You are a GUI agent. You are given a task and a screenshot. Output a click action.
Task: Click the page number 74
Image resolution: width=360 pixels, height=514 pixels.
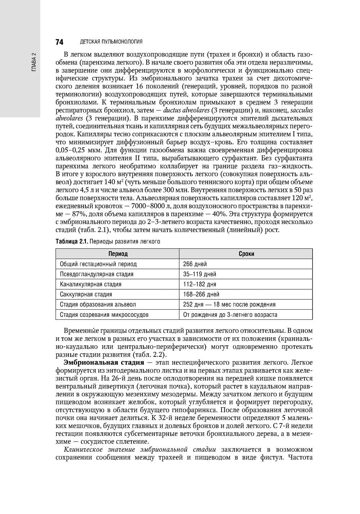pyautogui.click(x=59, y=42)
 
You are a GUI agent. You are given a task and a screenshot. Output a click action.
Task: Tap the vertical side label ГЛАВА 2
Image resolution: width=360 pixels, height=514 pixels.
pyautogui.click(x=33, y=62)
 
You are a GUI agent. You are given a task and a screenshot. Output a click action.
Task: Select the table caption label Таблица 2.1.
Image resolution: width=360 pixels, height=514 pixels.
pyautogui.click(x=71, y=242)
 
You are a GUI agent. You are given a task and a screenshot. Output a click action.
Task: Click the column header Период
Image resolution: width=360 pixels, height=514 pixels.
pyautogui.click(x=118, y=254)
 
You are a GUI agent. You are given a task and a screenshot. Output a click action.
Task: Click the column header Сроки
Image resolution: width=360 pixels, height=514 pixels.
pyautogui.click(x=246, y=254)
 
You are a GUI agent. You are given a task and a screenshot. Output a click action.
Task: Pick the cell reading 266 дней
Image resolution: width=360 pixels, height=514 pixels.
pyautogui.click(x=195, y=264)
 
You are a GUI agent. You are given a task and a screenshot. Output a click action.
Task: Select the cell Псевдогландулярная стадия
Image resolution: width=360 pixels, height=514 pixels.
pyautogui.click(x=96, y=274)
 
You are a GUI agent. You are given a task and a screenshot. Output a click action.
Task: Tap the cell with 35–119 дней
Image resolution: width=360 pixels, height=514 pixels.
pyautogui.click(x=199, y=274)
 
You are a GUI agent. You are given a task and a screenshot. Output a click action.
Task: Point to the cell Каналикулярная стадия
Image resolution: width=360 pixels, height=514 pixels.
pyautogui.click(x=90, y=284)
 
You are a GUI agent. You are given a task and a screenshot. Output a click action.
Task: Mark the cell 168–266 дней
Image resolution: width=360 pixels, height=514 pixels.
pyautogui.click(x=201, y=294)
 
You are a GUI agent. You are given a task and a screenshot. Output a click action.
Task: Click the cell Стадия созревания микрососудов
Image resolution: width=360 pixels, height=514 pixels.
pyautogui.click(x=104, y=315)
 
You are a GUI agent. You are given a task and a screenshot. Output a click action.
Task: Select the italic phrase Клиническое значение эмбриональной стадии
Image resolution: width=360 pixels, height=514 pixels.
pyautogui.click(x=140, y=449)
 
